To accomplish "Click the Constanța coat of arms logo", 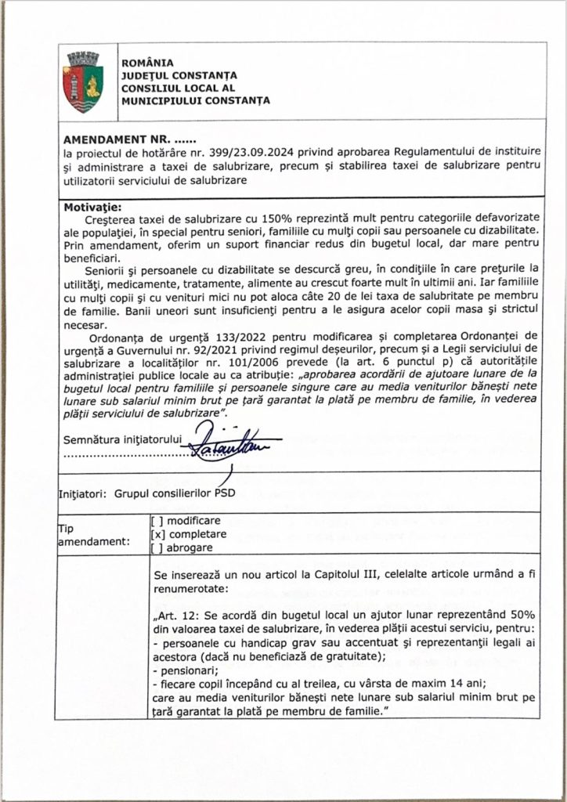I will click(x=82, y=81).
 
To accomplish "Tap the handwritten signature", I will click(x=224, y=447).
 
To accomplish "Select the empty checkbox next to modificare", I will click(x=156, y=520).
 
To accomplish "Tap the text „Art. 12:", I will click(x=181, y=615).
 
